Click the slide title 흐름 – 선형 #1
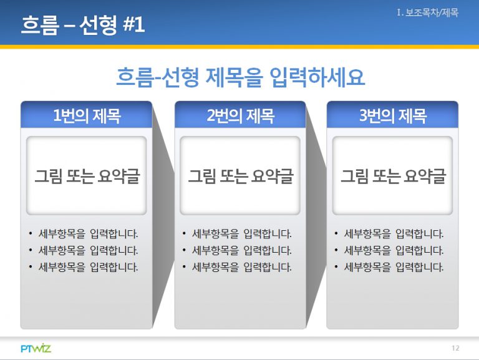(83, 24)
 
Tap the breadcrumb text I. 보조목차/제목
(428, 13)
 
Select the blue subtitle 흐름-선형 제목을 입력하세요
(240, 77)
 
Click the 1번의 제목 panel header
(87, 115)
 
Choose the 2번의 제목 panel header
(240, 115)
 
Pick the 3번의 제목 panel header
(392, 115)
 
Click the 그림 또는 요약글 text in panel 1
(87, 177)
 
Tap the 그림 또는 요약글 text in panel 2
(240, 177)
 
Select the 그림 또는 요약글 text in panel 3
(393, 177)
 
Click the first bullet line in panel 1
(83, 234)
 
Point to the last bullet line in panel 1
(83, 267)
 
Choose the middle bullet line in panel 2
(237, 251)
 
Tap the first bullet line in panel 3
(389, 234)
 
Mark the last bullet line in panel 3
(389, 267)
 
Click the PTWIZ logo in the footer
(36, 348)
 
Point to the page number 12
(455, 348)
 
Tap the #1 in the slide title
(133, 24)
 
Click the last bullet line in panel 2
(237, 267)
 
